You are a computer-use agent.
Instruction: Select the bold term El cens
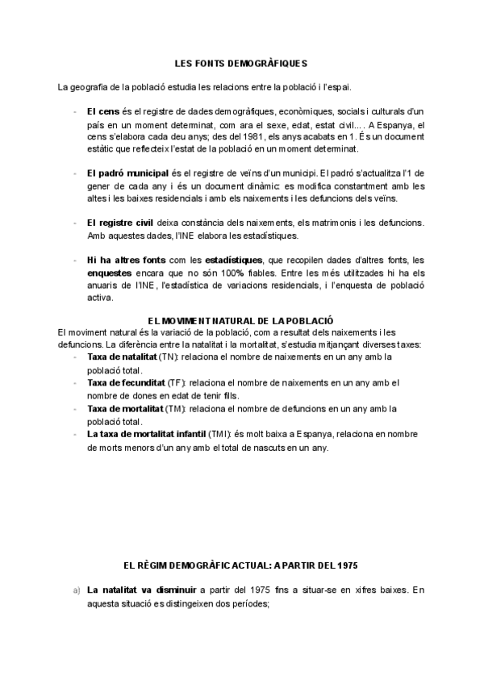point(102,110)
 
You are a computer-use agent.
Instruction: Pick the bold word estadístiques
point(233,260)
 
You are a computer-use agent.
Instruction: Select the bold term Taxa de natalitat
point(122,356)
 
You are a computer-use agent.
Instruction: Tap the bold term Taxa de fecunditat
point(125,382)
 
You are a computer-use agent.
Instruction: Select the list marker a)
point(76,590)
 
